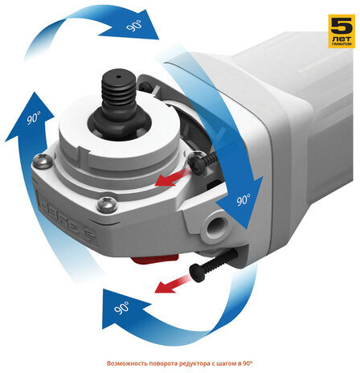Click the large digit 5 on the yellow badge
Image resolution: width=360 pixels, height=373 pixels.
[x=342, y=26]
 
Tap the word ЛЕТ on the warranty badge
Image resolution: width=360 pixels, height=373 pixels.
[x=342, y=38]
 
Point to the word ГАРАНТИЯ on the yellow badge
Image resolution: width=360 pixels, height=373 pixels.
[x=342, y=43]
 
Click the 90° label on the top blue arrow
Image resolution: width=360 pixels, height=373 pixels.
[x=134, y=26]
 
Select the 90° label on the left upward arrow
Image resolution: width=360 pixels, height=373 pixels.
[x=34, y=118]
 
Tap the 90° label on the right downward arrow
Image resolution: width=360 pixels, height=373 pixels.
[x=243, y=199]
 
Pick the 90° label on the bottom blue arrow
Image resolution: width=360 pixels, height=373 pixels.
[x=121, y=307]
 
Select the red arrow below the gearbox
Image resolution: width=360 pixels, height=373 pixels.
[x=174, y=284]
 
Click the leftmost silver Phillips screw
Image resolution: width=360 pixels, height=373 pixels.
[x=42, y=161]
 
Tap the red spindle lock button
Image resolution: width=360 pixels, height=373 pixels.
[x=154, y=259]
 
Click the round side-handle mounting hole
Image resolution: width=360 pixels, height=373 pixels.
[x=215, y=224]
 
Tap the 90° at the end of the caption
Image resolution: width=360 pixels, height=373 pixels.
[x=247, y=363]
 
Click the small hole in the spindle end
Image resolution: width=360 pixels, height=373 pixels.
[x=119, y=77]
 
